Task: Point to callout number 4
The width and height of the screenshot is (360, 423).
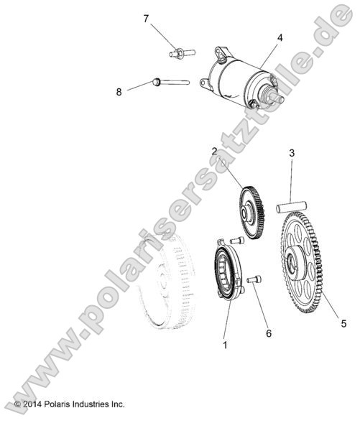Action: pos(280,37)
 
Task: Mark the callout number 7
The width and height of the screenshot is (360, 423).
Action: pos(146,19)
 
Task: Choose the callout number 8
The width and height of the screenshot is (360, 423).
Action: pos(119,91)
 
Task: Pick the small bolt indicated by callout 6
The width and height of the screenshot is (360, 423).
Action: pos(254,279)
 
